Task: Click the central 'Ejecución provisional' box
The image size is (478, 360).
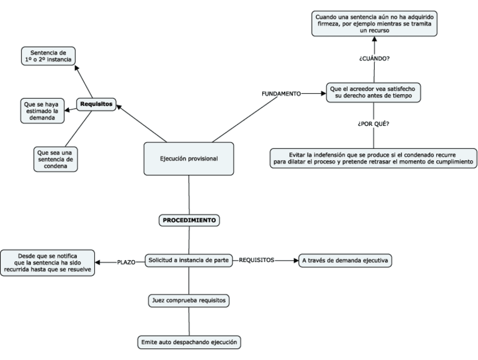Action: pyautogui.click(x=188, y=159)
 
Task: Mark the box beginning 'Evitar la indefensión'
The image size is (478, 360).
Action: pyautogui.click(x=372, y=157)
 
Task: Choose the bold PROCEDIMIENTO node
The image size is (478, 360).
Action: pyautogui.click(x=189, y=220)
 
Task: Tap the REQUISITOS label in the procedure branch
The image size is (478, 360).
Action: pyautogui.click(x=257, y=261)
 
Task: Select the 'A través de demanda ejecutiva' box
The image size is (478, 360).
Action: pyautogui.click(x=344, y=261)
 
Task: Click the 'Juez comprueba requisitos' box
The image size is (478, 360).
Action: pyautogui.click(x=189, y=301)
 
